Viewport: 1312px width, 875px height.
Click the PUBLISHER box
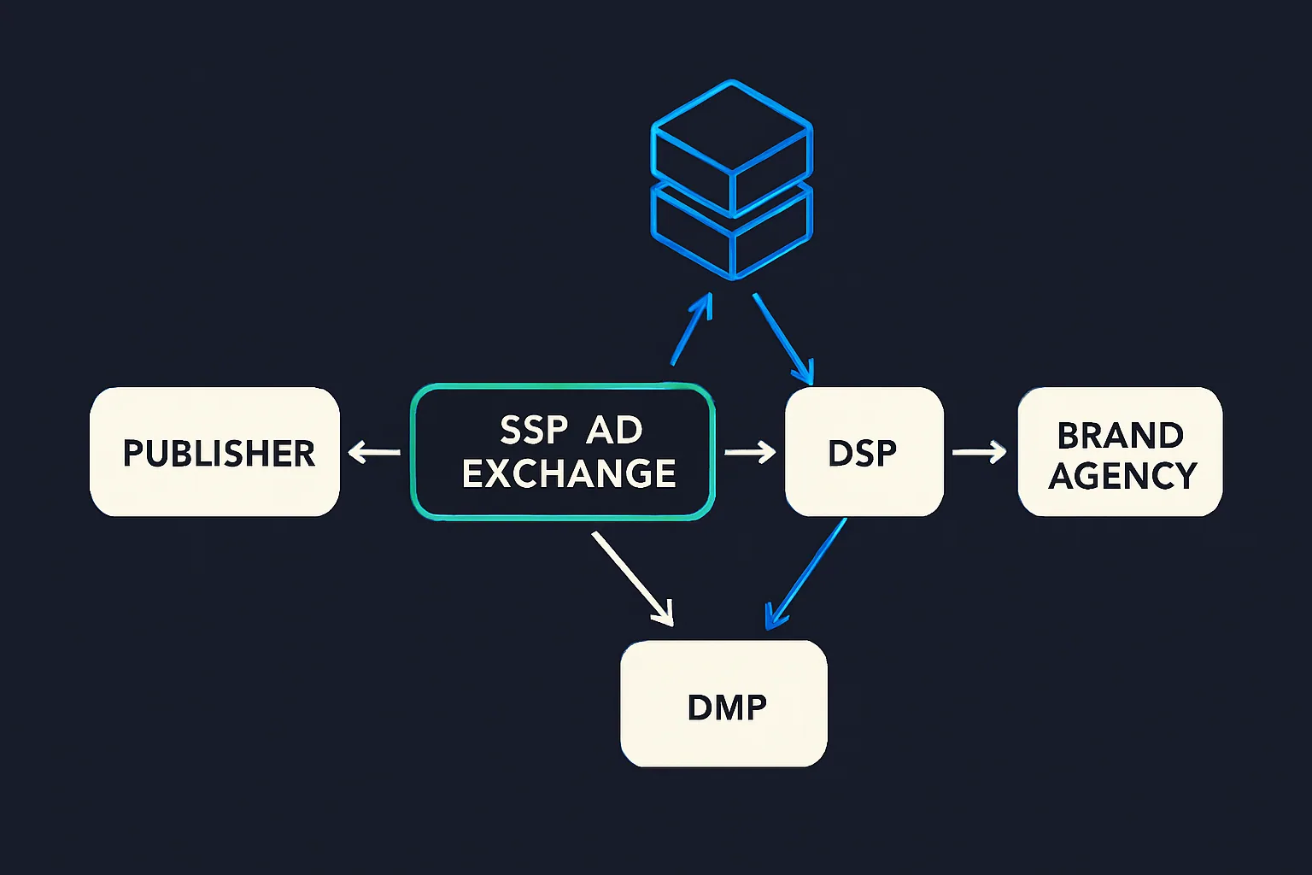(214, 452)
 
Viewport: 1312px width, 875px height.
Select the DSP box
(864, 452)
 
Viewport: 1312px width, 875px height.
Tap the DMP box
(723, 703)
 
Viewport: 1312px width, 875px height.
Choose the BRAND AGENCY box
(1120, 452)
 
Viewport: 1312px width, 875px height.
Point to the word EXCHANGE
(569, 474)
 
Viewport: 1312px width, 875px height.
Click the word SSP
(533, 430)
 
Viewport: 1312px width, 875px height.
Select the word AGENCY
(1122, 476)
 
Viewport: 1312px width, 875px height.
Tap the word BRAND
(1120, 435)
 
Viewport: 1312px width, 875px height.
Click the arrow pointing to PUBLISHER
(374, 451)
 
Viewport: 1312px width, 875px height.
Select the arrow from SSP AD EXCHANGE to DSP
(750, 451)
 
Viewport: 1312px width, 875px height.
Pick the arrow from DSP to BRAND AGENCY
(980, 451)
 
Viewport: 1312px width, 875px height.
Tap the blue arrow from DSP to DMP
(805, 574)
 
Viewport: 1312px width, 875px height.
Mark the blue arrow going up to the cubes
(692, 329)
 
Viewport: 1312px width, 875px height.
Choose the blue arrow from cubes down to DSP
(782, 338)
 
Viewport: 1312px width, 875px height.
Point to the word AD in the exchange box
(614, 430)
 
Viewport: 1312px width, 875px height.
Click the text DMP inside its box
(727, 708)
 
